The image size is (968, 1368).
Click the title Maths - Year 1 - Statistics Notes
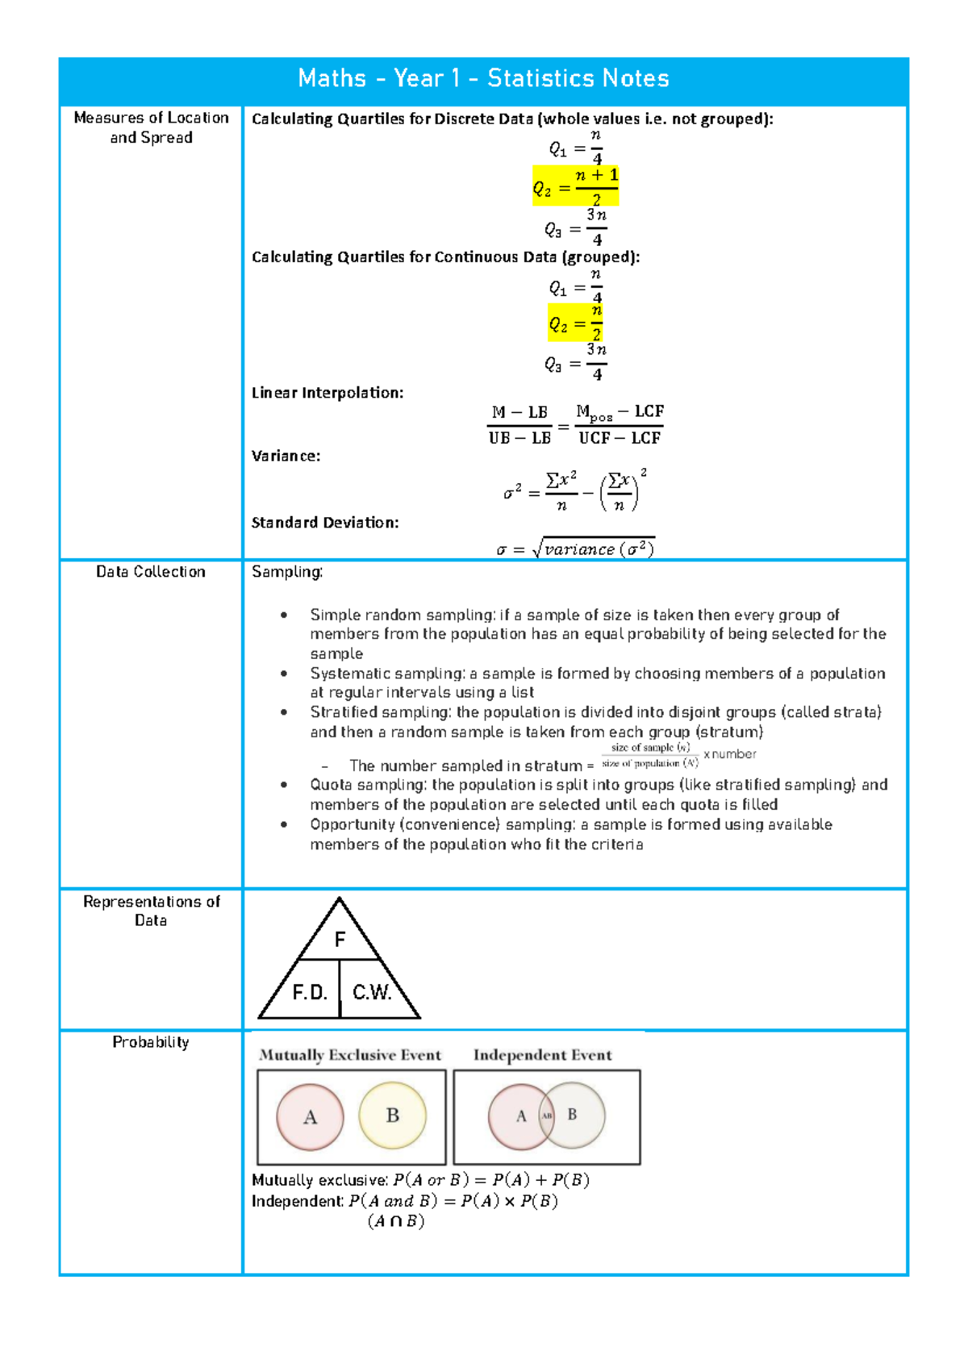point(483,78)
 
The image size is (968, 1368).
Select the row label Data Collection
point(151,572)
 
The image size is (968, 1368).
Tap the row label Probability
point(151,1042)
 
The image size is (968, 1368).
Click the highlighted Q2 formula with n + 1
point(575,186)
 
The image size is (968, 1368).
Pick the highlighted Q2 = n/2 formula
point(575,323)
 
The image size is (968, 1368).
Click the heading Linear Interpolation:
point(328,393)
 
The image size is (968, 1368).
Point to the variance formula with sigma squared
point(574,490)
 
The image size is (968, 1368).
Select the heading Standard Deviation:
point(325,523)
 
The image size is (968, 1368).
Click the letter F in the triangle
point(340,940)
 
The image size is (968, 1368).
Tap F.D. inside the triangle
point(310,992)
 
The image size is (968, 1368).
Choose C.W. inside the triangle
point(372,992)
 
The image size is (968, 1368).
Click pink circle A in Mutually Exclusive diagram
point(310,1117)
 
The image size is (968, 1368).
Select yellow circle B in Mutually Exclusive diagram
point(393,1116)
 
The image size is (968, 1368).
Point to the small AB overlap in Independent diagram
point(547,1116)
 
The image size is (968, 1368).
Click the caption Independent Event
point(542,1055)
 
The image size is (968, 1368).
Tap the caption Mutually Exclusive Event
point(350,1055)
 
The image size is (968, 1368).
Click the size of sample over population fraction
point(650,756)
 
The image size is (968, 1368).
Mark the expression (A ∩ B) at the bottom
point(396,1221)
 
